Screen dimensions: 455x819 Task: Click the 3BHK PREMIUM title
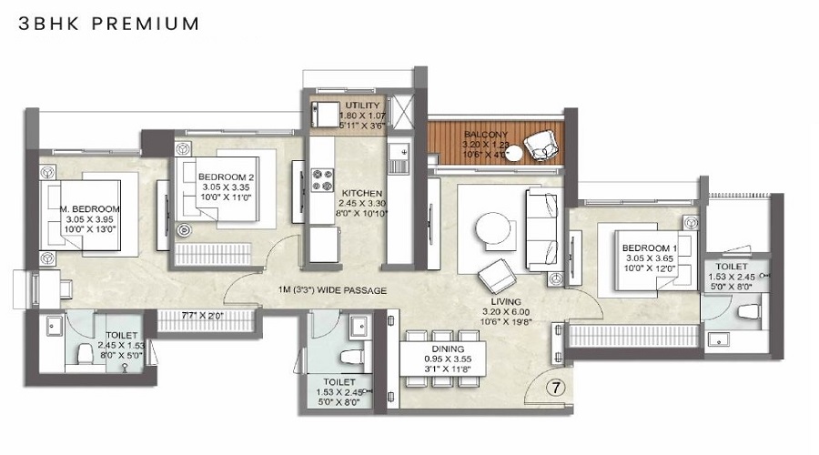pyautogui.click(x=109, y=24)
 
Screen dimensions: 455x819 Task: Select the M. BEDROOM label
pyautogui.click(x=91, y=208)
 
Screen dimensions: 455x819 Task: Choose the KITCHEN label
pyautogui.click(x=362, y=193)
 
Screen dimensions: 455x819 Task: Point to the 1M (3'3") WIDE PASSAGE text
pyautogui.click(x=333, y=290)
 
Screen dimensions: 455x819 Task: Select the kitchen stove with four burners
pyautogui.click(x=323, y=177)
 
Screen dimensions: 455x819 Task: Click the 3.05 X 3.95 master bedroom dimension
pyautogui.click(x=91, y=219)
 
